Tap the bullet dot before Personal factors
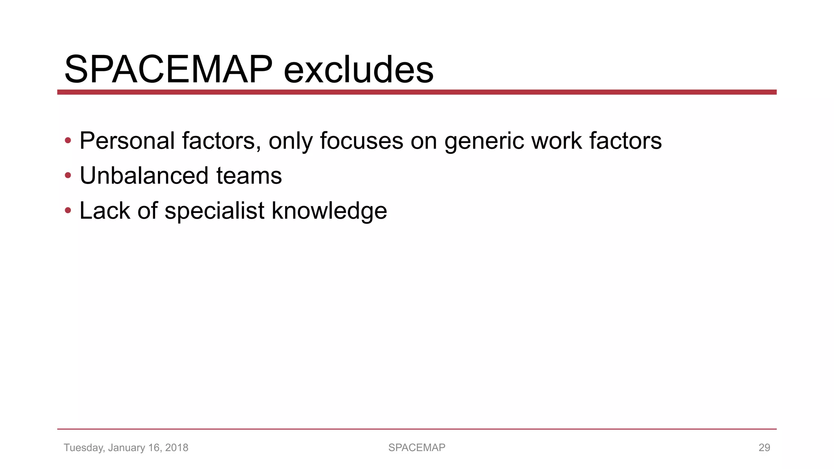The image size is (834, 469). (68, 141)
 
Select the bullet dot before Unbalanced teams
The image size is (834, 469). (68, 176)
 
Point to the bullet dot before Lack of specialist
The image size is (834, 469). (68, 211)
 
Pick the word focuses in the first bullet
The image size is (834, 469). (361, 141)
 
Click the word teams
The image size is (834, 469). (249, 176)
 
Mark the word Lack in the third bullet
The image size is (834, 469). (105, 211)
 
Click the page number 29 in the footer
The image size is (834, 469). (764, 447)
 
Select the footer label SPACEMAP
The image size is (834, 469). (417, 447)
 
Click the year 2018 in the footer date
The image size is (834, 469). (176, 447)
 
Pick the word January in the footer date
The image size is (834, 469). (126, 447)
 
